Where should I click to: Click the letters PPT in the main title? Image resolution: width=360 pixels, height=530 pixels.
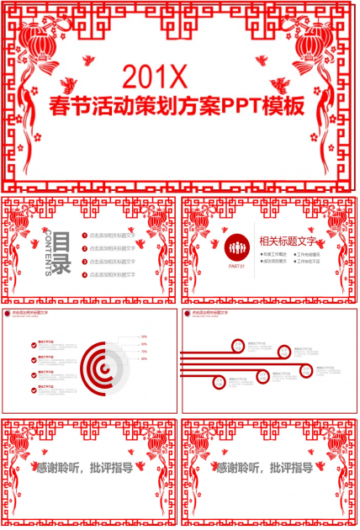click(238, 108)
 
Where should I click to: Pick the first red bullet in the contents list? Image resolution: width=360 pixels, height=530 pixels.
click(83, 236)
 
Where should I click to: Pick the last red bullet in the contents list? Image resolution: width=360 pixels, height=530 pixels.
click(83, 274)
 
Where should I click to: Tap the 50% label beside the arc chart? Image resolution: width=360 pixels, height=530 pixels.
click(144, 337)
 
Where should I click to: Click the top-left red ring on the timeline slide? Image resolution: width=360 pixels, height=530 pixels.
click(238, 344)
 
